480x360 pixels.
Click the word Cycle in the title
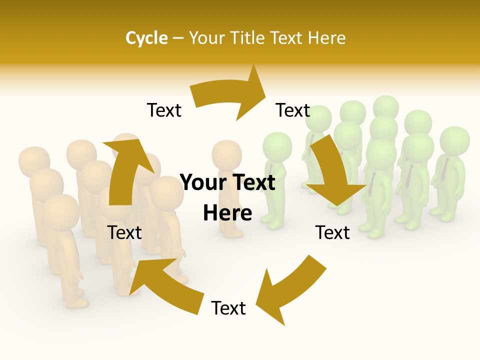pyautogui.click(x=146, y=38)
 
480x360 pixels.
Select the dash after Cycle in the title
pyautogui.click(x=178, y=38)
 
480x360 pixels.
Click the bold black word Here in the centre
pyautogui.click(x=227, y=213)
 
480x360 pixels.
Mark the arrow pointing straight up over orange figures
pyautogui.click(x=125, y=170)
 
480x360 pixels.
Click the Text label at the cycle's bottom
pyautogui.click(x=228, y=308)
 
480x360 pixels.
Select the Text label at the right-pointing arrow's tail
pyautogui.click(x=164, y=110)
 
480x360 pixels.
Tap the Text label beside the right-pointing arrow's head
pyautogui.click(x=293, y=110)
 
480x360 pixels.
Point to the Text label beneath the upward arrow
pyautogui.click(x=124, y=232)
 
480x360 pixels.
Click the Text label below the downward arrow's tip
pyautogui.click(x=332, y=232)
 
